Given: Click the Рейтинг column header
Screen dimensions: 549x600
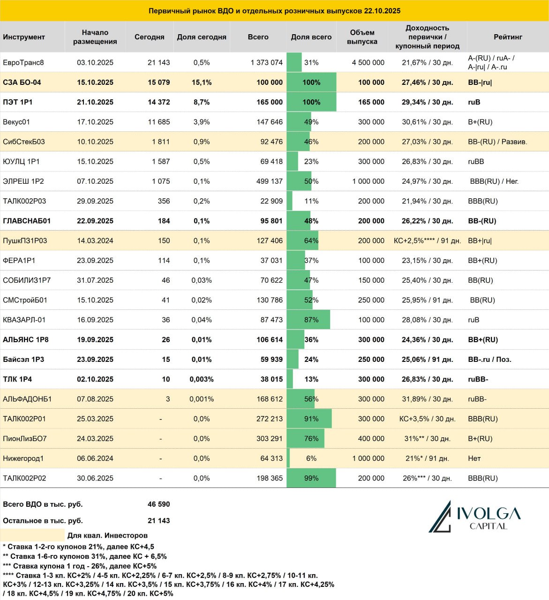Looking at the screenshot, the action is [x=508, y=37].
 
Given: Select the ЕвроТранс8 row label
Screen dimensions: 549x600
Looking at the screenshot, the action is [x=23, y=62].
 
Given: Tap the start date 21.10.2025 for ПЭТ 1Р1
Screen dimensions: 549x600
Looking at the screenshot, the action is [x=95, y=102].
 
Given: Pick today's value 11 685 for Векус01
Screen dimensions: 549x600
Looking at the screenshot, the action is [x=158, y=122].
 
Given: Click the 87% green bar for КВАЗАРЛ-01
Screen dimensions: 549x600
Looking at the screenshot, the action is [x=308, y=320].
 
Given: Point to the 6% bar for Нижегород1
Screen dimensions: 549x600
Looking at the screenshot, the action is [x=288, y=458].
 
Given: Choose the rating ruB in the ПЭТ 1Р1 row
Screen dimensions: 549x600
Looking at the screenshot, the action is [x=474, y=102].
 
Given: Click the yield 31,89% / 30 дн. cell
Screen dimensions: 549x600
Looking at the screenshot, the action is [x=427, y=399].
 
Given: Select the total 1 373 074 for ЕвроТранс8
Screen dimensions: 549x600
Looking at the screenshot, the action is [x=267, y=62].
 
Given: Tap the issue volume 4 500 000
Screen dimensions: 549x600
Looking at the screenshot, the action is [x=368, y=62].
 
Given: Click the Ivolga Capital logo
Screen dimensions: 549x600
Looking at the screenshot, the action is [x=474, y=517].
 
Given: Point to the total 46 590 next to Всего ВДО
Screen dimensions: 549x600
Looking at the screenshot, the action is [x=158, y=504].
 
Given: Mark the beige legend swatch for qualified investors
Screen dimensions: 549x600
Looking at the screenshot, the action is [x=32, y=535].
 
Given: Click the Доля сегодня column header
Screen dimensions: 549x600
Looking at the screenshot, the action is [x=202, y=37].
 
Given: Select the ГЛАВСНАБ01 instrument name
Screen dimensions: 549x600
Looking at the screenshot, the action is [x=27, y=221].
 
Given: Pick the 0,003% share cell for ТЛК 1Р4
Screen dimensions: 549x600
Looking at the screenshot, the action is [x=202, y=379].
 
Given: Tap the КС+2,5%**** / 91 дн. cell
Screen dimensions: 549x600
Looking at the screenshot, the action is [x=427, y=241].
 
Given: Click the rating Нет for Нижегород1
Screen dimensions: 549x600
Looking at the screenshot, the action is [x=474, y=458].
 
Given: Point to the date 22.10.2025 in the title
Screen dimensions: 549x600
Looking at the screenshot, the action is [x=382, y=11].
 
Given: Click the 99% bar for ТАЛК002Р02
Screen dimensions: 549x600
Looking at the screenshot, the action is [x=311, y=478].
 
